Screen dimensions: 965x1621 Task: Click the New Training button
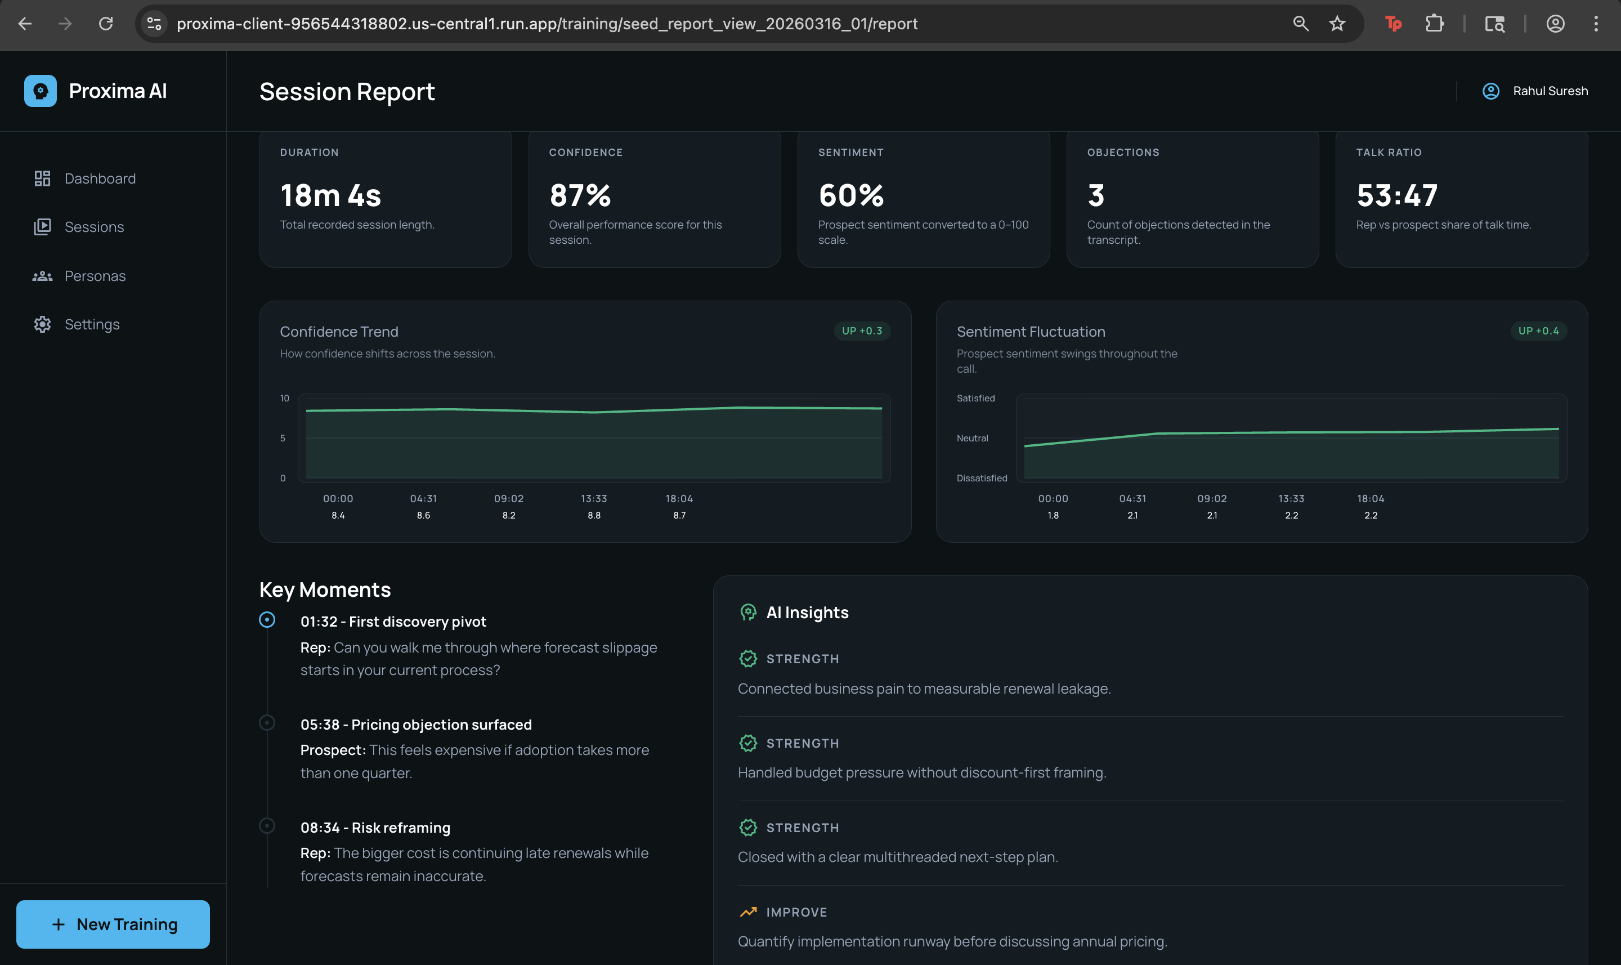pos(113,924)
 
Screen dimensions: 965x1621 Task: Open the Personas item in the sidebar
pos(95,276)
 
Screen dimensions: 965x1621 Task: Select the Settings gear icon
pos(42,324)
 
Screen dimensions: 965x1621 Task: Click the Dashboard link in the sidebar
pos(100,178)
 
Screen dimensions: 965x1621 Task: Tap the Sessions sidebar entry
pos(94,227)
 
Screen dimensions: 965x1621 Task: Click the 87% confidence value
pos(580,195)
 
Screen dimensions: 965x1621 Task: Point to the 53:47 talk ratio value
pos(1397,195)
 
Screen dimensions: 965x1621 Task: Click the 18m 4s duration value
pos(330,195)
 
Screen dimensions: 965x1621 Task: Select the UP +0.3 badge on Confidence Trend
pos(862,331)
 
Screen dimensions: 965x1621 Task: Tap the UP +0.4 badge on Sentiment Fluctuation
pos(1538,331)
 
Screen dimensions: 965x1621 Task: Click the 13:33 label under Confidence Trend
pos(593,499)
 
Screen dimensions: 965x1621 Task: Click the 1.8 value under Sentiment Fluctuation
pos(1053,515)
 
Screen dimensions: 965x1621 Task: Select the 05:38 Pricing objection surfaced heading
pos(416,725)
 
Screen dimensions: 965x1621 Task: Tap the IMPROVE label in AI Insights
pos(796,912)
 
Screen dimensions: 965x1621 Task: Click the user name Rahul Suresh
pos(1550,91)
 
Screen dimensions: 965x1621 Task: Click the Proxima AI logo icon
pos(41,91)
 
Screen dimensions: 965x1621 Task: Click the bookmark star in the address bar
pos(1336,24)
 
